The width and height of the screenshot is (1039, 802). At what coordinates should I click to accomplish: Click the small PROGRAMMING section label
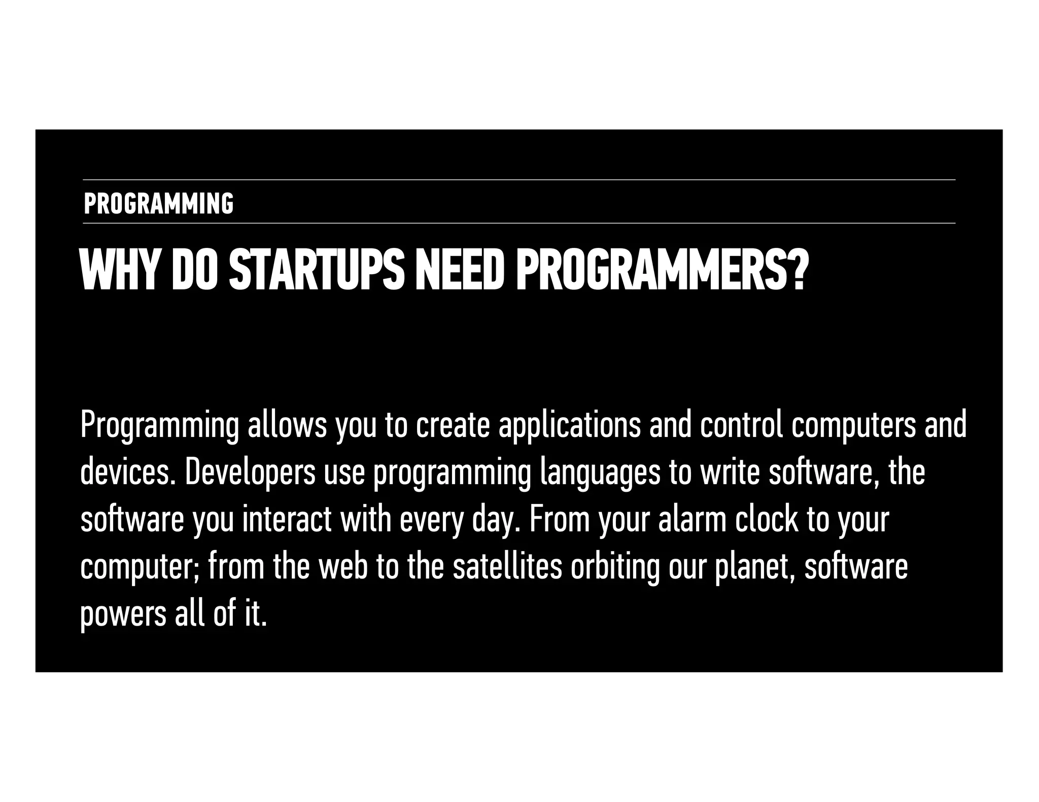(158, 204)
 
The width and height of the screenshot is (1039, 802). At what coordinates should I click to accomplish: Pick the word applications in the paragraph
(569, 426)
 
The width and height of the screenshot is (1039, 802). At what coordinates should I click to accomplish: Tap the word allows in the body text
(287, 426)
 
